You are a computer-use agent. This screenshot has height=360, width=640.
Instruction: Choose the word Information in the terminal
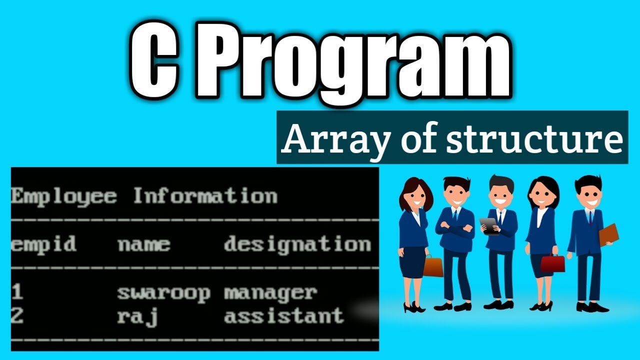205,195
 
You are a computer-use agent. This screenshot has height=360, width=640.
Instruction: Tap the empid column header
43,244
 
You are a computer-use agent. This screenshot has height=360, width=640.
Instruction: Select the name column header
143,245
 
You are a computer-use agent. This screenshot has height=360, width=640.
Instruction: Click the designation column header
297,244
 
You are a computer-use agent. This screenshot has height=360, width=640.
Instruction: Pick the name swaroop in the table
163,293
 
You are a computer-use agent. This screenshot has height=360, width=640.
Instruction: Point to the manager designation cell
270,292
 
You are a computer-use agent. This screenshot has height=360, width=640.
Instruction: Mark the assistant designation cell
283,315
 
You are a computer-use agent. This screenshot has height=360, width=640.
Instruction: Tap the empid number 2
17,316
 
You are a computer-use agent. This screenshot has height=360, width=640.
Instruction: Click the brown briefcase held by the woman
433,266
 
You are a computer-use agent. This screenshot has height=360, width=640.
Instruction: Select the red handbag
552,263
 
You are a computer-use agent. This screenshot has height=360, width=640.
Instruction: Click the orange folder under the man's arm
608,234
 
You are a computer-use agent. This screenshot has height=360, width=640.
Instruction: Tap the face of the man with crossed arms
455,192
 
